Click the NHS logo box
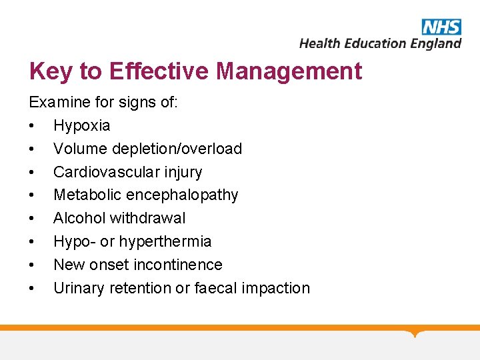[441, 26]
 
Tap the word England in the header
[435, 43]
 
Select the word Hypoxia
[81, 125]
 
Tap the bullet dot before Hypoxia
[31, 126]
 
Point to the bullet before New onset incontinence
[31, 265]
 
